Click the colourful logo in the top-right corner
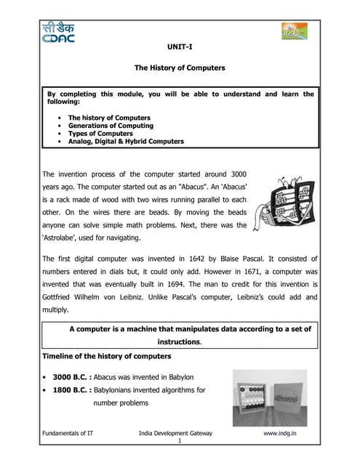tap(295, 32)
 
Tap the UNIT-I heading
tap(180, 46)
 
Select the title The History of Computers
tap(180, 68)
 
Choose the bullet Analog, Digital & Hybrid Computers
tap(126, 142)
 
